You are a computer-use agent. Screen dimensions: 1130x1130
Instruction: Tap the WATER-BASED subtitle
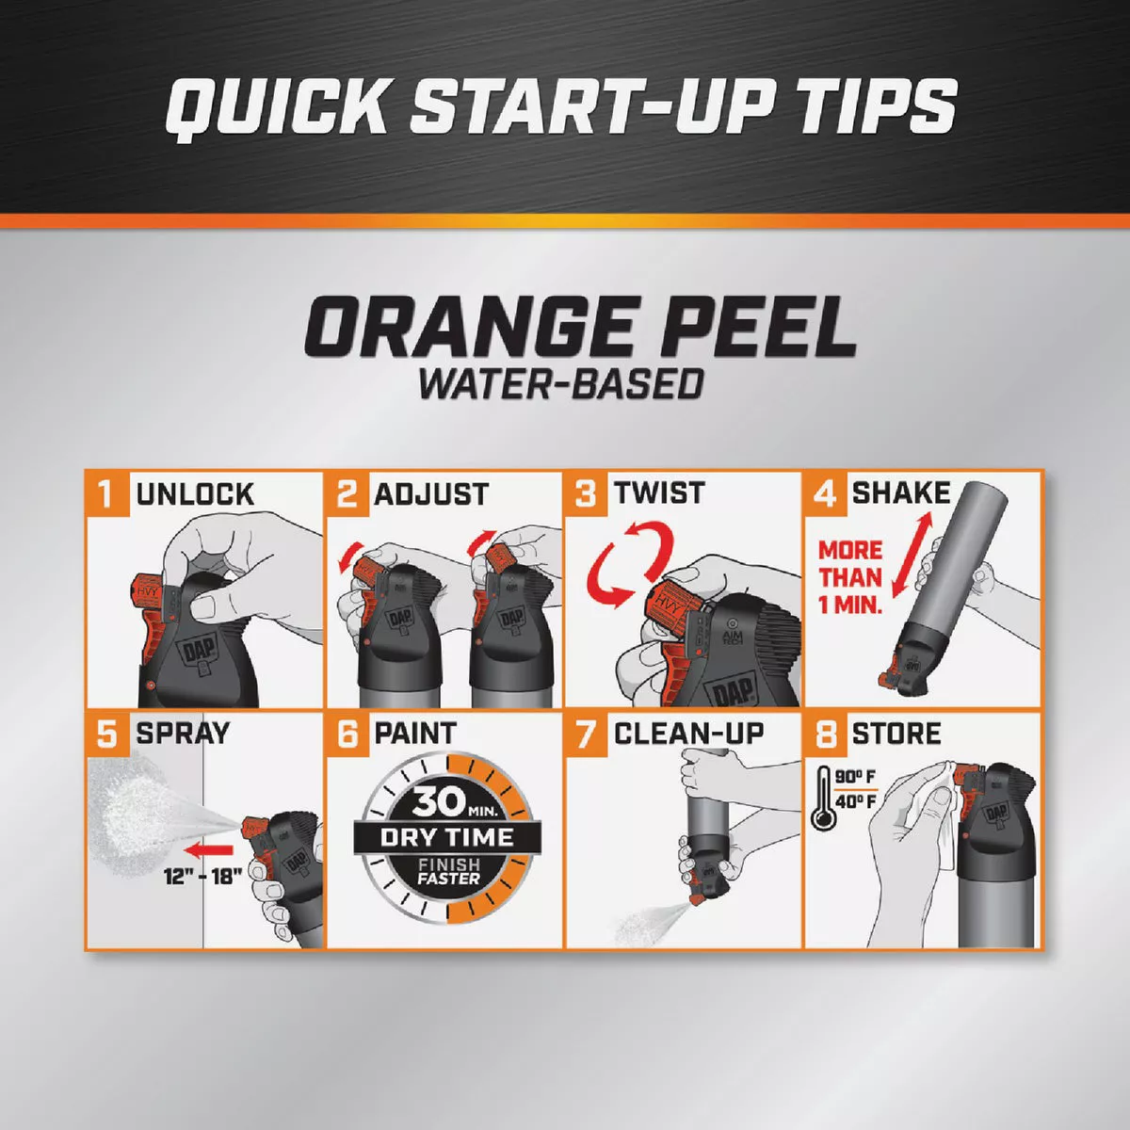point(561,384)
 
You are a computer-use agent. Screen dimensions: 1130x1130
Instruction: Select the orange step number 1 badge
point(107,493)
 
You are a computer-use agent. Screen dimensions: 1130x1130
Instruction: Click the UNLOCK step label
point(195,494)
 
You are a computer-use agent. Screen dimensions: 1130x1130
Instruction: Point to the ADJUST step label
point(431,494)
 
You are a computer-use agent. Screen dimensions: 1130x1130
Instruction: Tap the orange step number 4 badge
point(825,493)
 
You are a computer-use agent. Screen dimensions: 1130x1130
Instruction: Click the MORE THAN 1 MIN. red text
point(849,577)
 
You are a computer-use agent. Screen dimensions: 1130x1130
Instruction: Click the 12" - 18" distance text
point(202,876)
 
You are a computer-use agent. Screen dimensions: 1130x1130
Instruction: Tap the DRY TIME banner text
point(447,837)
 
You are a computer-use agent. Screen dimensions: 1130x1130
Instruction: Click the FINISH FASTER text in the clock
point(448,871)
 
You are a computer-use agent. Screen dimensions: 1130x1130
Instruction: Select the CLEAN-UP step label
point(688,734)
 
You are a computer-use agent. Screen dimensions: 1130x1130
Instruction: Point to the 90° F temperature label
point(855,777)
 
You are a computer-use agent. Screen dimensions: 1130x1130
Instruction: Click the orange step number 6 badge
point(347,734)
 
